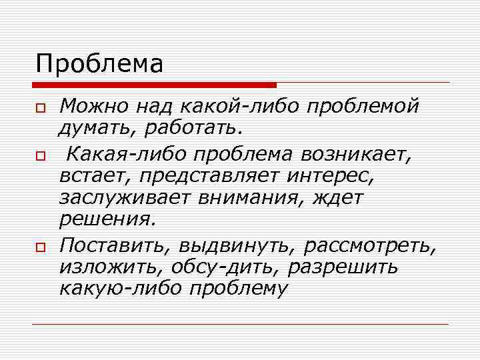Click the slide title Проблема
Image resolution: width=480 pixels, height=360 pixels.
click(x=99, y=64)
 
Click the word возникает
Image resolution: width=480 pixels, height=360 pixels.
click(x=357, y=155)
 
